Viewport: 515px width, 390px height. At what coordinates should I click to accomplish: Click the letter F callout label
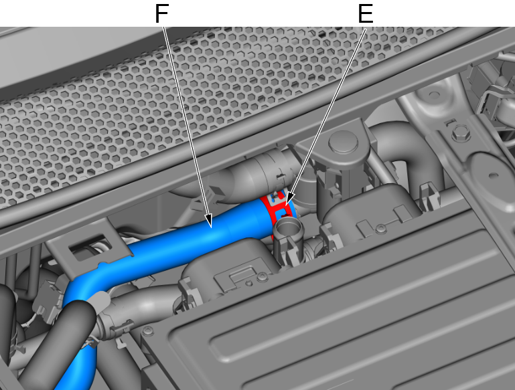(161, 14)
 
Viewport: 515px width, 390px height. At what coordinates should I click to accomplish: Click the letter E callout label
(366, 14)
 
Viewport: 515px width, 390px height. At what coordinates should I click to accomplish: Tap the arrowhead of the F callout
(209, 222)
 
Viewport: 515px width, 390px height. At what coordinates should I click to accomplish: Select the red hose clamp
(277, 210)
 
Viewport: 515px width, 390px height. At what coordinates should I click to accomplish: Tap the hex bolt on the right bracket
(461, 134)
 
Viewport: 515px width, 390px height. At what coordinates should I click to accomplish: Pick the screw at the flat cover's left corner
(149, 331)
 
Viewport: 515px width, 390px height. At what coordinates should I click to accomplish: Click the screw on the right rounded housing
(380, 228)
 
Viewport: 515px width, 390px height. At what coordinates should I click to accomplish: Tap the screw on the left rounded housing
(262, 278)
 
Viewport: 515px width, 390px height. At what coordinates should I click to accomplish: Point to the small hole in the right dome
(492, 176)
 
